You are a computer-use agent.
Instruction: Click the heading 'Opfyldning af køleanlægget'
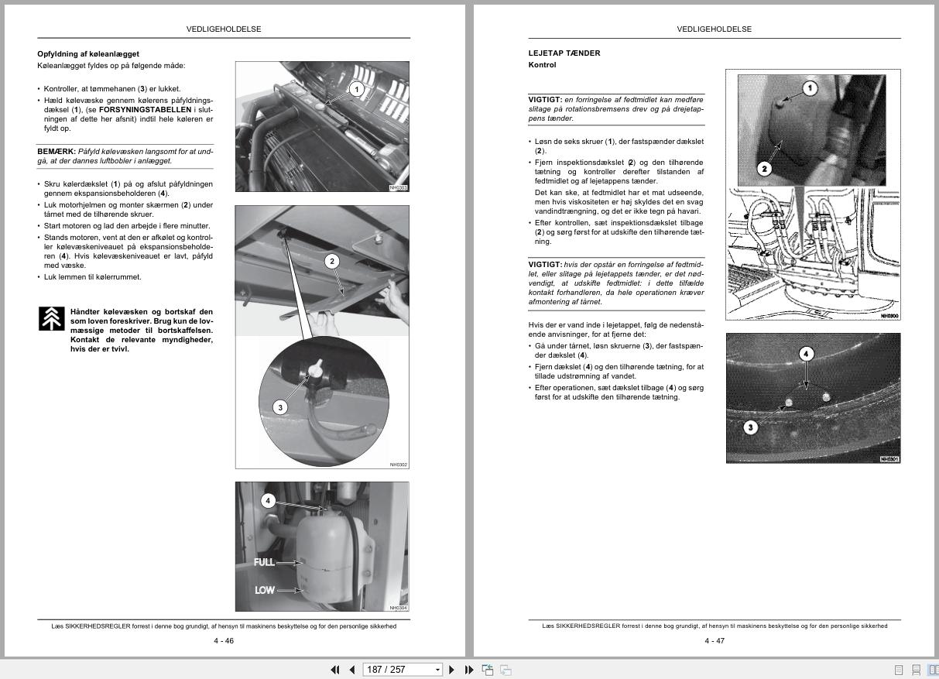click(88, 54)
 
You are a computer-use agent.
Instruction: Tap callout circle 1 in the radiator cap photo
click(356, 90)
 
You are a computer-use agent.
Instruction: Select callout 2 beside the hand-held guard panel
click(332, 262)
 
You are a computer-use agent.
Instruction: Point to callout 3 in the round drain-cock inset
click(280, 407)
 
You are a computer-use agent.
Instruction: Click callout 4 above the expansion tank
click(268, 501)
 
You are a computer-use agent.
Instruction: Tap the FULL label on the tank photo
click(264, 562)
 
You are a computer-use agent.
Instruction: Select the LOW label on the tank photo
click(264, 590)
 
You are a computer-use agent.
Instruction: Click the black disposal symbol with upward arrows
click(51, 319)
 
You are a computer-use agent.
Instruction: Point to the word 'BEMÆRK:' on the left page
click(56, 152)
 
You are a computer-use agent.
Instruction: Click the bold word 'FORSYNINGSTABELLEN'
click(145, 110)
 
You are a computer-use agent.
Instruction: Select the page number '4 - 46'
click(224, 641)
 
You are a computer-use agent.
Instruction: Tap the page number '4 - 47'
click(715, 641)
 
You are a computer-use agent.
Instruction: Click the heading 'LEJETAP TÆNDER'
click(564, 53)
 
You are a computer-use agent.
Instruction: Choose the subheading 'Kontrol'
click(542, 65)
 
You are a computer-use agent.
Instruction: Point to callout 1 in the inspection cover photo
click(810, 88)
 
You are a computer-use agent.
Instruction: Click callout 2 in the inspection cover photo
click(764, 169)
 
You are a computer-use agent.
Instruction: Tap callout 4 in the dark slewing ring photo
click(806, 354)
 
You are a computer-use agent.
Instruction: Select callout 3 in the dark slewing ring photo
click(750, 427)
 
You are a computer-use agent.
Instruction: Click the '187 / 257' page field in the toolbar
click(398, 670)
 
